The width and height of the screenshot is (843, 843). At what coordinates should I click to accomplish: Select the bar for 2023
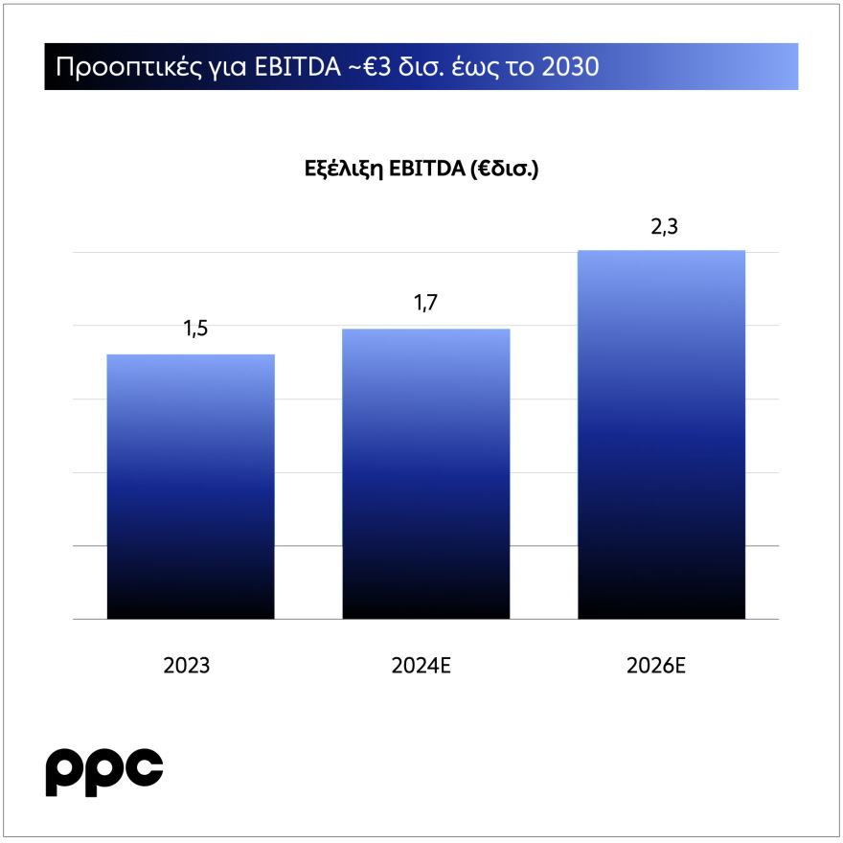(x=191, y=487)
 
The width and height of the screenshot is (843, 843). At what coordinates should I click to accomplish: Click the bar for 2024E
(x=425, y=474)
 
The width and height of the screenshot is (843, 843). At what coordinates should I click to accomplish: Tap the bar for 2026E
(x=661, y=435)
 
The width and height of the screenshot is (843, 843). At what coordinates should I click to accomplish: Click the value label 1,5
(x=195, y=330)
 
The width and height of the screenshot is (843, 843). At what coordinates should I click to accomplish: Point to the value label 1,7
(x=425, y=304)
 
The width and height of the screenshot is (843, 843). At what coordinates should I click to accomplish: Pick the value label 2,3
(x=662, y=228)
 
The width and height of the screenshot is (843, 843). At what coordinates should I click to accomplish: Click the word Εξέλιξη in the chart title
(x=339, y=171)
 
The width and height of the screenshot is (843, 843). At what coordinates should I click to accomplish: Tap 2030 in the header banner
(x=571, y=67)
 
